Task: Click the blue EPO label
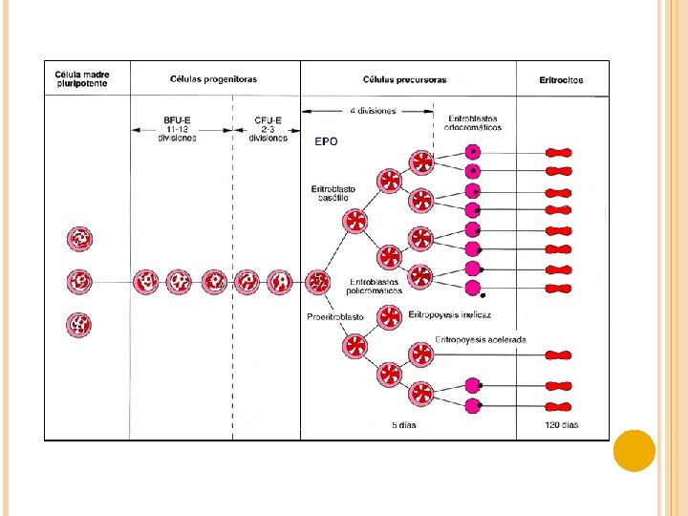click(x=326, y=141)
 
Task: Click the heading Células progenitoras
click(x=214, y=79)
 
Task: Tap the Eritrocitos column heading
click(x=561, y=80)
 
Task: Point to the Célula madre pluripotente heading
click(x=82, y=79)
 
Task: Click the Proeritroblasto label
click(x=335, y=317)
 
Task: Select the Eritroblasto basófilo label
click(x=333, y=193)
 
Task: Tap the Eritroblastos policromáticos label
click(x=376, y=286)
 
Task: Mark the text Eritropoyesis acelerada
click(x=481, y=339)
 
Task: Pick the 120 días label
click(x=561, y=425)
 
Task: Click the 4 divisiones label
click(x=373, y=111)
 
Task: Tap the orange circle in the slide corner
click(x=634, y=450)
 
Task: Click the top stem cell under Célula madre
click(x=79, y=238)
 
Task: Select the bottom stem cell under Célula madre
click(x=79, y=325)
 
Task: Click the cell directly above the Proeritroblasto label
click(x=318, y=282)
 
